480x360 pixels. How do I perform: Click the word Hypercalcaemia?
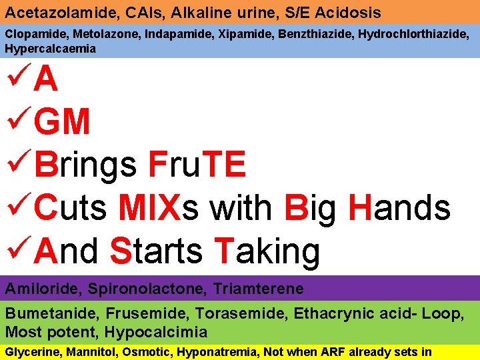click(x=51, y=49)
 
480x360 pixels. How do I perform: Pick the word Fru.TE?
click(x=197, y=165)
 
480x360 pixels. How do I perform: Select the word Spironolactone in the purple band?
click(x=139, y=289)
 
